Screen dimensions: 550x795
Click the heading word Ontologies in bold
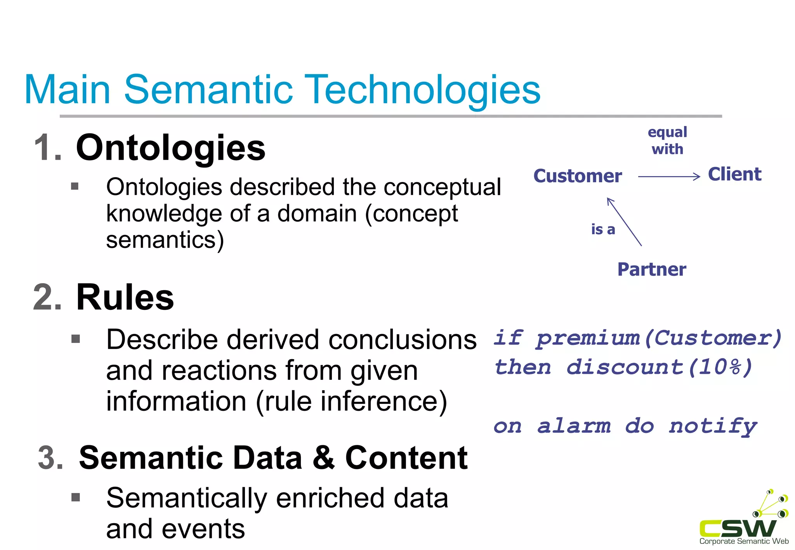coord(170,148)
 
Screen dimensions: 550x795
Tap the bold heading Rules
coord(125,297)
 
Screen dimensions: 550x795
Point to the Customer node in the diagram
coord(577,176)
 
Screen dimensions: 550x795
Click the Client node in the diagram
coord(734,174)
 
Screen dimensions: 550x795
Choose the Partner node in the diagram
coord(651,269)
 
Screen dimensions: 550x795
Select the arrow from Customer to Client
coord(669,177)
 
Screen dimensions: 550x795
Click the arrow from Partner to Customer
coord(624,221)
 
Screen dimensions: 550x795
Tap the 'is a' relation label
coord(603,230)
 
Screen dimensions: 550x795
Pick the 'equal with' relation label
coord(667,140)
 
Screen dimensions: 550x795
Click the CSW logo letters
coord(738,528)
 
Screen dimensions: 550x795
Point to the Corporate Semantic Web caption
coord(744,541)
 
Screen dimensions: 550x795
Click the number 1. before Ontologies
coord(48,148)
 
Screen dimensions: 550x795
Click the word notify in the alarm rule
coord(712,426)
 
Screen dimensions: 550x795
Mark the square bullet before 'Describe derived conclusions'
coord(76,339)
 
